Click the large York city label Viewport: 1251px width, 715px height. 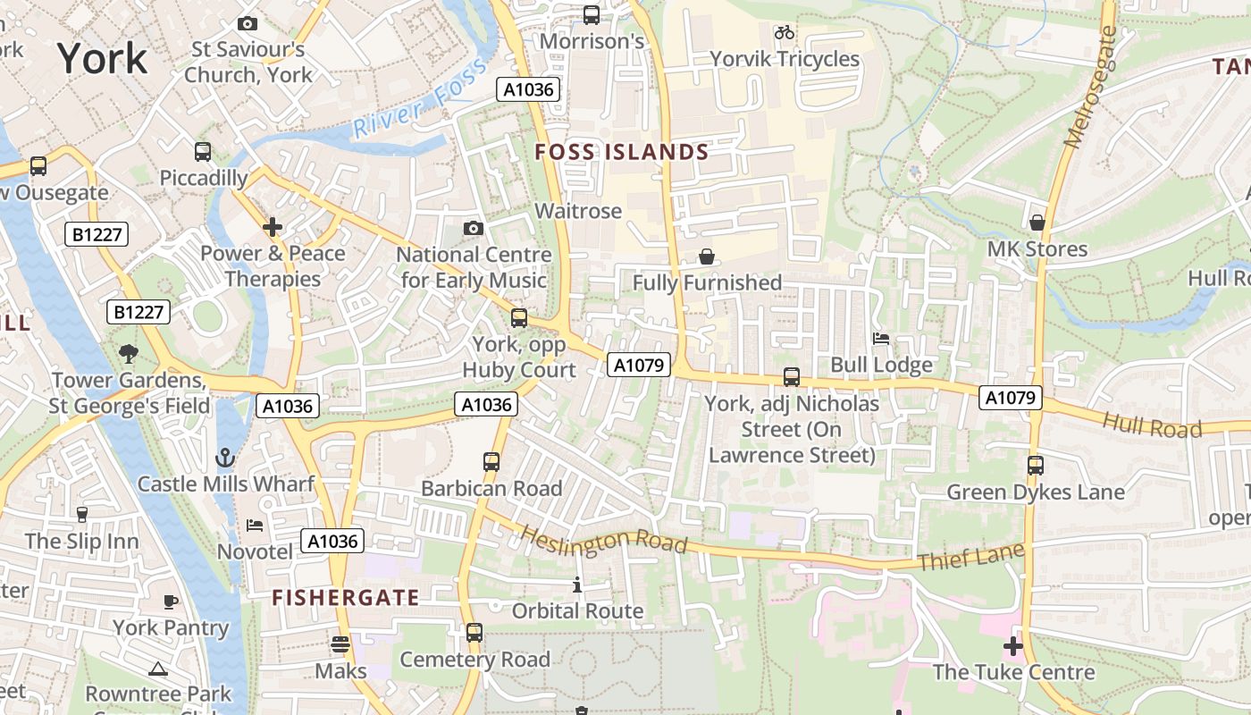(x=102, y=59)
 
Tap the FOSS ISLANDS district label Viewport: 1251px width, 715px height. (x=621, y=153)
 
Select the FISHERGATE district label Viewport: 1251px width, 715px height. (x=345, y=598)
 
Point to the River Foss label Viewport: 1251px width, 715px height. (x=419, y=99)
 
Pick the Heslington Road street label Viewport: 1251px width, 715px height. (x=603, y=539)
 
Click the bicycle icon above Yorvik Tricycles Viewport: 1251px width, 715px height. (x=785, y=33)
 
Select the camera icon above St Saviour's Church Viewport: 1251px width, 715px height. (x=248, y=24)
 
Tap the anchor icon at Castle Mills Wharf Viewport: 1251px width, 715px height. (x=225, y=458)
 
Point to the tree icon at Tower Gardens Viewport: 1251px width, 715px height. (x=129, y=354)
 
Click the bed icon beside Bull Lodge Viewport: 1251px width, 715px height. (x=881, y=339)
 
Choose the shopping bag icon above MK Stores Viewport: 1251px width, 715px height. (x=1037, y=223)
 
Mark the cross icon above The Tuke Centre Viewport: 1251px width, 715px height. (x=1012, y=645)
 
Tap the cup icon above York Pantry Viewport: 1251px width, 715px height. (x=171, y=601)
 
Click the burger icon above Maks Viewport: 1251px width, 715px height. (x=340, y=643)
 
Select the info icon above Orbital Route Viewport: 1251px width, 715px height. (x=577, y=585)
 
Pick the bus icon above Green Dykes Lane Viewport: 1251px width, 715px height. (x=1035, y=466)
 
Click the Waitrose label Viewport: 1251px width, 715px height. (x=577, y=211)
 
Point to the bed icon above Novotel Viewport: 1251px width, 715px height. (x=255, y=526)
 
